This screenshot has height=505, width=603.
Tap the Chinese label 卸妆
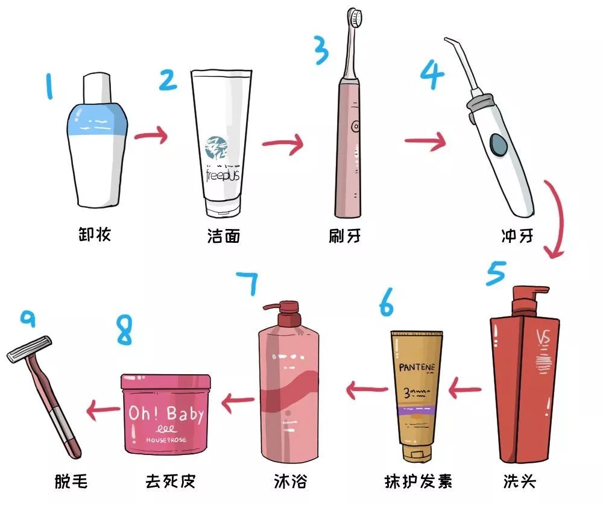[95, 234]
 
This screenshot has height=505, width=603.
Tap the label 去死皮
[171, 481]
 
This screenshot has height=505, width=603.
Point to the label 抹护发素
[418, 481]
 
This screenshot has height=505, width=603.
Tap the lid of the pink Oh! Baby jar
[166, 382]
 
